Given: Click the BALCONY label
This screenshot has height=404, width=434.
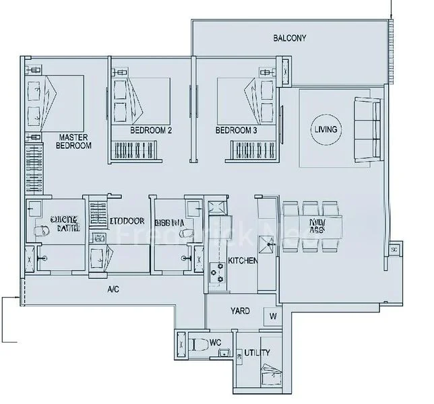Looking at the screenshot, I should [289, 38].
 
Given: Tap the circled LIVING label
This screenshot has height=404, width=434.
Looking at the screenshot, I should [325, 129].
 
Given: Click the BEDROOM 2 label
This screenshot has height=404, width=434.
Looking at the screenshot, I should [151, 131].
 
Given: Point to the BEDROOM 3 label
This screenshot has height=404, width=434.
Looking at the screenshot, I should [237, 131].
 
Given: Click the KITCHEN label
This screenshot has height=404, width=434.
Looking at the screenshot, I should [242, 261].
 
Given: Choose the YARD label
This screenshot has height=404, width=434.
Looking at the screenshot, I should [240, 311].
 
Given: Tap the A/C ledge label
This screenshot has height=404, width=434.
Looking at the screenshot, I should [114, 290].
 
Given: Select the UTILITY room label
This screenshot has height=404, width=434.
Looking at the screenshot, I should [257, 352].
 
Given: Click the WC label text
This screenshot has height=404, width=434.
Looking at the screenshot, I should [215, 343].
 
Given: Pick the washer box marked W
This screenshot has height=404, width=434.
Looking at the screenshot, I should [273, 315].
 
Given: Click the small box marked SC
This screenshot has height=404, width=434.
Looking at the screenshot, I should [394, 250].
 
